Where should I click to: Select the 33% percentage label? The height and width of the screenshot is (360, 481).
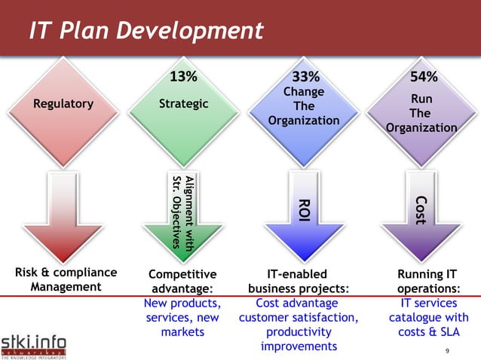pos(305,76)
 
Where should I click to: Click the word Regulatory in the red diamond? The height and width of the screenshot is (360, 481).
pos(63,104)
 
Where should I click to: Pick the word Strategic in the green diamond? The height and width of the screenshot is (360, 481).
pos(184,104)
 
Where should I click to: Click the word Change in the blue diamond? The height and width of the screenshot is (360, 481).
pos(303,92)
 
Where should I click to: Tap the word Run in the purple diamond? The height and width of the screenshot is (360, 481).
pos(421,99)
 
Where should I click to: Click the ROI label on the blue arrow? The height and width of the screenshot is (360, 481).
pos(304,210)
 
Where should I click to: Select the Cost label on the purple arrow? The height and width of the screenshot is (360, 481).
pos(421,209)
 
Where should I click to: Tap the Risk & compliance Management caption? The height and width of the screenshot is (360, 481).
pos(65,279)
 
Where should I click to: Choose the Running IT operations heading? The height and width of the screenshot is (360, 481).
pos(428,281)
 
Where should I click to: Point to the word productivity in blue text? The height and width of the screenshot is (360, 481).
pos(299,331)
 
